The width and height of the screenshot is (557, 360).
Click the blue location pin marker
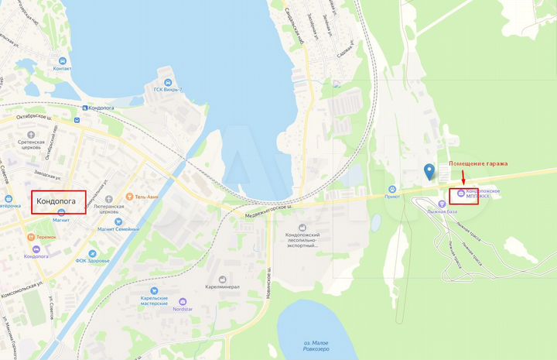pos(429,171)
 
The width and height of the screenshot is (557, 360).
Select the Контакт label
pos(61,69)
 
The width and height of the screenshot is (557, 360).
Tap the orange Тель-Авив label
pos(146,197)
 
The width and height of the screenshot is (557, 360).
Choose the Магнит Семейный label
pos(118,229)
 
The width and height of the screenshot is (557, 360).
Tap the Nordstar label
pos(183,309)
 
